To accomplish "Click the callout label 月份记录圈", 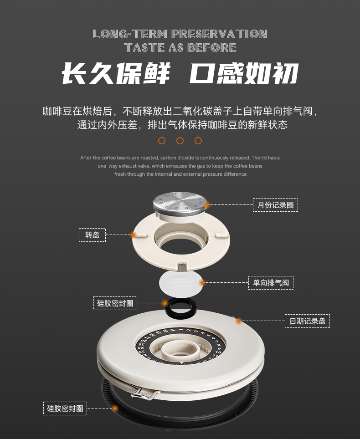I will click(x=275, y=205).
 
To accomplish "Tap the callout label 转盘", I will click(x=92, y=235).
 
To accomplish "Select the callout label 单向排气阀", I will click(x=271, y=283).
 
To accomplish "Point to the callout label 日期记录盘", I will click(x=307, y=321).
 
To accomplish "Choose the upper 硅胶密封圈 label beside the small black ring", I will click(x=115, y=303).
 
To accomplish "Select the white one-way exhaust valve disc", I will click(x=180, y=283).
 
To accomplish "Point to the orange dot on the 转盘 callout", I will click(x=133, y=235).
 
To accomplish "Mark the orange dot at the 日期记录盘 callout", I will click(x=238, y=321).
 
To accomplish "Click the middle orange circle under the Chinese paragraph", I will click(x=180, y=141).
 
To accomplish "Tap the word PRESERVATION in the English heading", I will click(x=219, y=34).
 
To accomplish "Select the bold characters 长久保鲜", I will click(x=116, y=73).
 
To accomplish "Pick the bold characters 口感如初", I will click(x=244, y=73).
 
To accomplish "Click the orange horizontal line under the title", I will click(x=180, y=95).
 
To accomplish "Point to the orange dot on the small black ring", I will click(x=165, y=303).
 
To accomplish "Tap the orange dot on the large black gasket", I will click(x=115, y=408).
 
